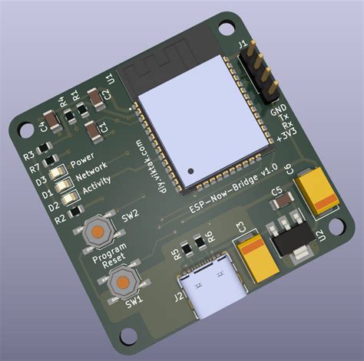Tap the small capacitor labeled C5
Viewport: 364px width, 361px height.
[281, 203]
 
